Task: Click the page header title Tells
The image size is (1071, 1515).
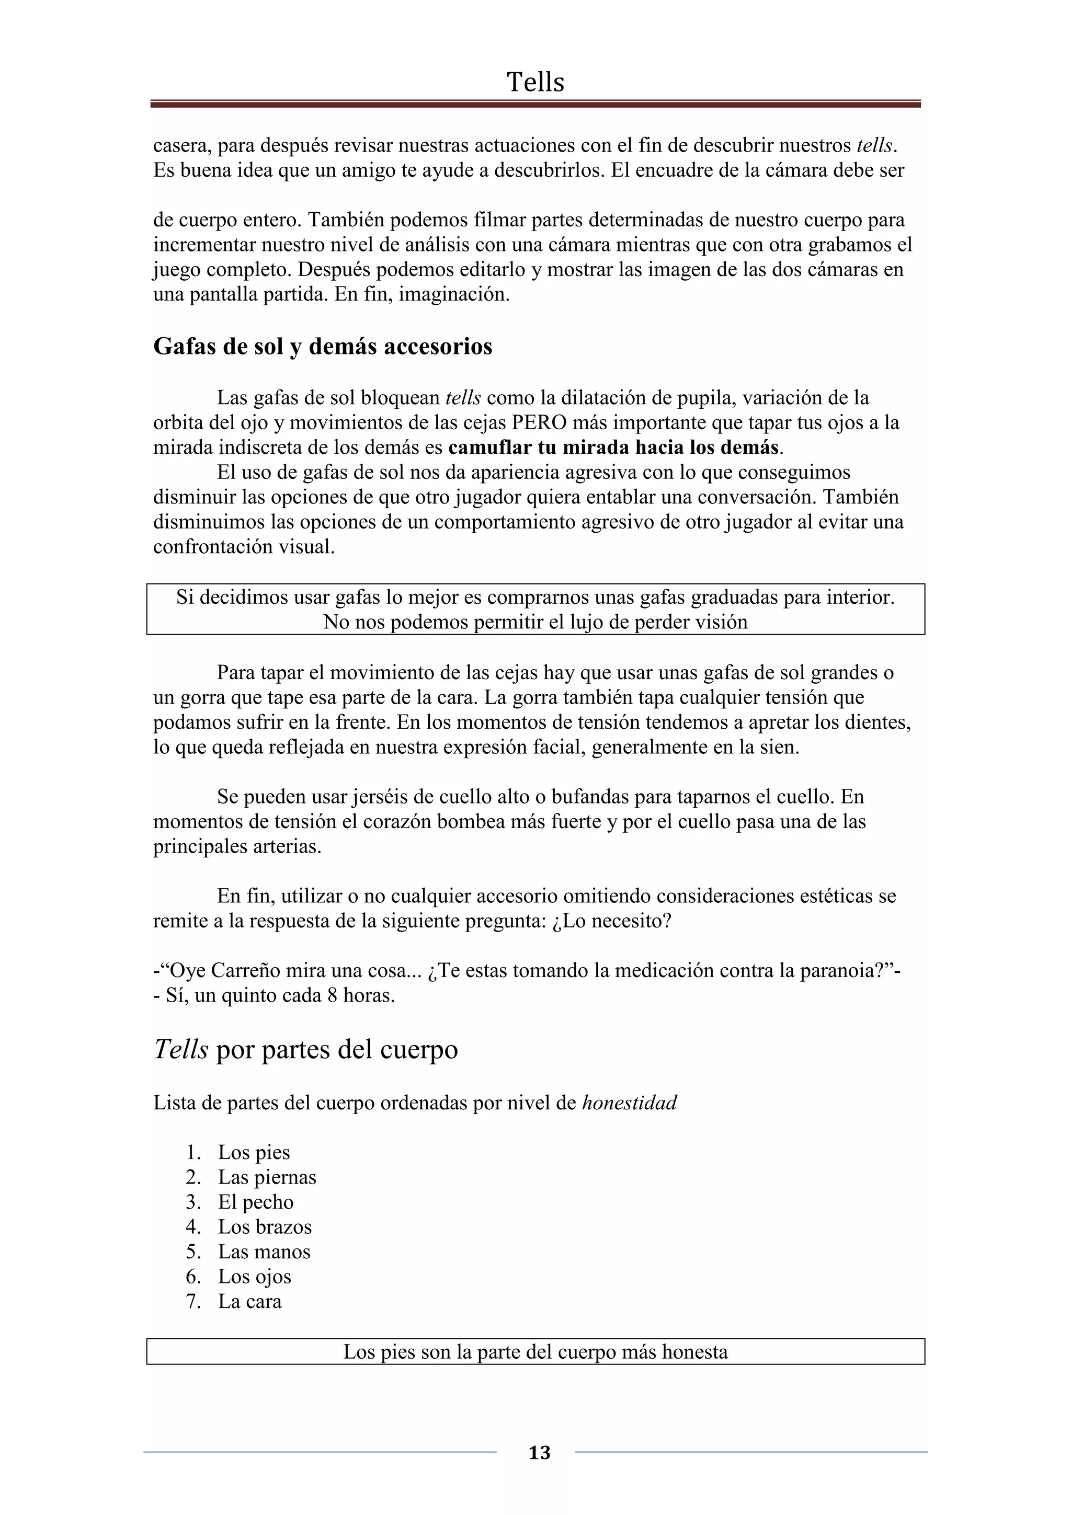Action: click(x=535, y=83)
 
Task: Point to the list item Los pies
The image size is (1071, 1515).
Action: click(x=254, y=1152)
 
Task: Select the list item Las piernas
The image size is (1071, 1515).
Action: click(x=267, y=1177)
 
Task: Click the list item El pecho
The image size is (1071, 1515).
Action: click(x=256, y=1202)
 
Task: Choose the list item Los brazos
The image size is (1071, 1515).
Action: click(x=265, y=1226)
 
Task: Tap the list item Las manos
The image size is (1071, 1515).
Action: click(x=264, y=1252)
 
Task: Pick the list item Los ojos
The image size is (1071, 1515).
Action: click(x=255, y=1277)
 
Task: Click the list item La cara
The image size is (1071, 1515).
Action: click(x=250, y=1301)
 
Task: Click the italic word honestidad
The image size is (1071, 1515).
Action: click(x=629, y=1103)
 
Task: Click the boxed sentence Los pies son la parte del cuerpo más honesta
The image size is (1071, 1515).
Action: click(x=535, y=1352)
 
